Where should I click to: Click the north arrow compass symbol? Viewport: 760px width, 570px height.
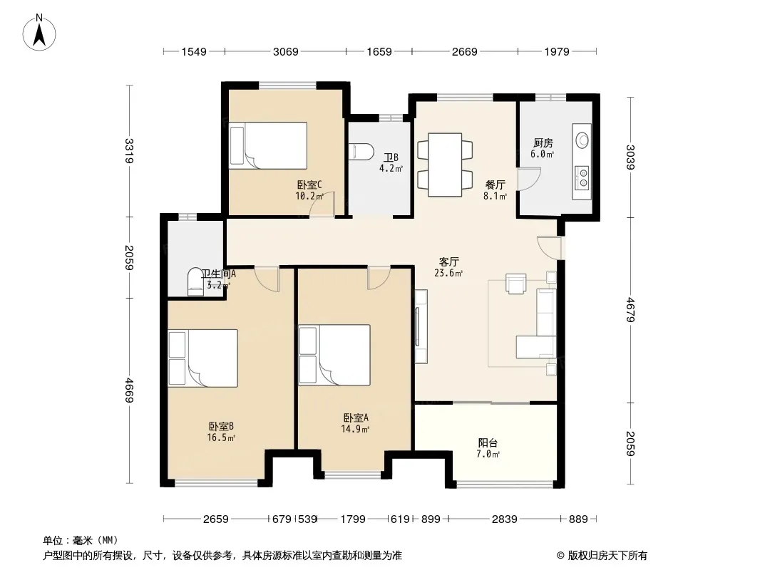(x=39, y=33)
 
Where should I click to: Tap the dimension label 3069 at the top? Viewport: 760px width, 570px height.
(x=285, y=51)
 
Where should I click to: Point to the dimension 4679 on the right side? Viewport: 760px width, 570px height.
(x=630, y=309)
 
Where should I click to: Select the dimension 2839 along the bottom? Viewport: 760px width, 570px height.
(x=504, y=519)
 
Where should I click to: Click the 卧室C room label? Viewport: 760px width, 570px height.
(x=309, y=185)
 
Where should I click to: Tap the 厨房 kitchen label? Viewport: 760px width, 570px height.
(x=543, y=143)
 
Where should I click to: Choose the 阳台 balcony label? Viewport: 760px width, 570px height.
(x=488, y=442)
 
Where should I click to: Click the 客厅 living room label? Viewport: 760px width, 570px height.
(x=449, y=261)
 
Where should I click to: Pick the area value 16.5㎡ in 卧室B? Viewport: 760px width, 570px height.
(x=221, y=437)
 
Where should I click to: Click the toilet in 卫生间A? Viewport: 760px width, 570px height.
(x=196, y=282)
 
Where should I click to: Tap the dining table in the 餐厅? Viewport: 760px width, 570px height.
(x=445, y=165)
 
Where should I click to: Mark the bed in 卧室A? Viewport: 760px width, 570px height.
(x=334, y=355)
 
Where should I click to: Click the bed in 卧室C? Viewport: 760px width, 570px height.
(x=269, y=145)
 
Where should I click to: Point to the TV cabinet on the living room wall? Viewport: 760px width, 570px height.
(x=421, y=326)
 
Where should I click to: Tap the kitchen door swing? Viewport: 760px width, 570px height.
(x=528, y=179)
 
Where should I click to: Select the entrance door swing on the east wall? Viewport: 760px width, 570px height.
(x=550, y=247)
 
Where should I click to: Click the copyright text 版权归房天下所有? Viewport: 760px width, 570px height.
(x=607, y=556)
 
